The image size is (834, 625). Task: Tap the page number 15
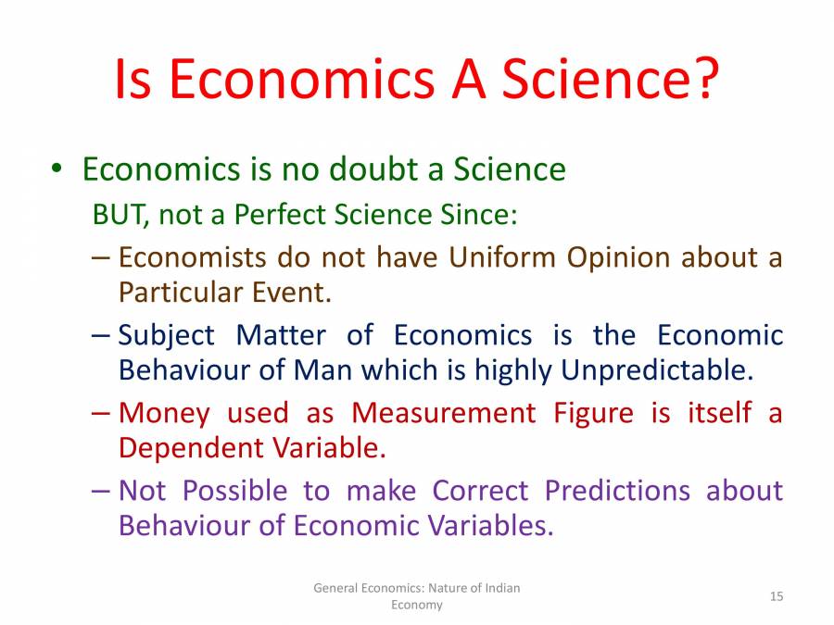click(x=777, y=596)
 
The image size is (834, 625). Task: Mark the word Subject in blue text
click(x=166, y=334)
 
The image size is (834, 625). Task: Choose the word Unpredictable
click(x=653, y=370)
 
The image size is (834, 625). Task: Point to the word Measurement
click(x=444, y=412)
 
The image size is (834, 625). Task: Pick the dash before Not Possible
click(x=103, y=490)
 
